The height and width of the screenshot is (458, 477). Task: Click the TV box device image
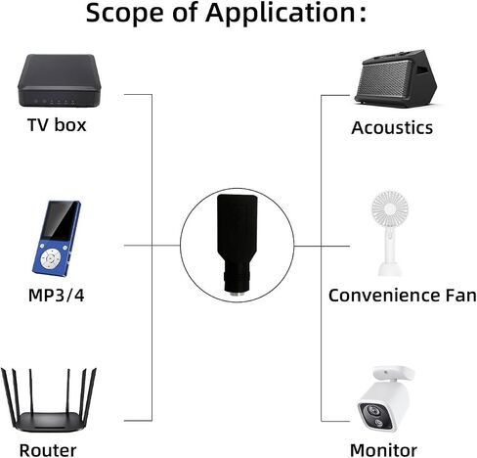point(59,80)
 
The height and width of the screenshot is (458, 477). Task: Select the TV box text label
point(57,125)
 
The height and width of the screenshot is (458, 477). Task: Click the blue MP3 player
point(57,239)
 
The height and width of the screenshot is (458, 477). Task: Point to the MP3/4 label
point(57,296)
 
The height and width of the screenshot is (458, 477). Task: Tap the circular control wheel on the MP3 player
point(50,258)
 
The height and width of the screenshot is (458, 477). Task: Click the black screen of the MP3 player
point(61,221)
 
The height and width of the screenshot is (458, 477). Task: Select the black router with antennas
point(49,400)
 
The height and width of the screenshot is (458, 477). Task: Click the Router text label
point(48,450)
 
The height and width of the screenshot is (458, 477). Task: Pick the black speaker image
point(396,78)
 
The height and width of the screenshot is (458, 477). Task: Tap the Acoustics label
point(392,127)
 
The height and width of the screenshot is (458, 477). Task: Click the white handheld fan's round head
point(390,209)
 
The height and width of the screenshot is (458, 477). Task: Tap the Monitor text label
point(383,450)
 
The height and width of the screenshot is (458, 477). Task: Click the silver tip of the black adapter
point(238,295)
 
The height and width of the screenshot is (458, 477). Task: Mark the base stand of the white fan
point(390,268)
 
